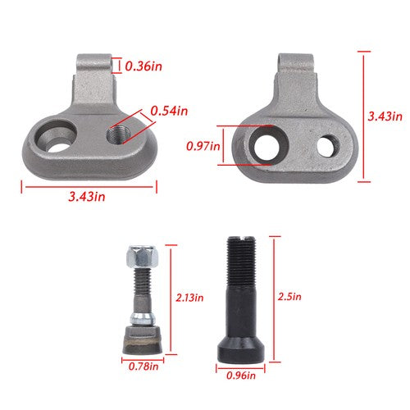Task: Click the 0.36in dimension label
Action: [x=143, y=66]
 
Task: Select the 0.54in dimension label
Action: [x=169, y=111]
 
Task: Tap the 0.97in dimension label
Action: [x=203, y=146]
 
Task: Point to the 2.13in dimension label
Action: [x=189, y=298]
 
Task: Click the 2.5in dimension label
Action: [x=289, y=297]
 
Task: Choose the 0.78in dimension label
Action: [x=143, y=367]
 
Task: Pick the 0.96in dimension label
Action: [x=241, y=376]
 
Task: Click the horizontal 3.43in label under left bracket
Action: [x=87, y=197]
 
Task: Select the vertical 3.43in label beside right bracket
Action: [x=385, y=116]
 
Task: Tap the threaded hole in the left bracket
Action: [x=118, y=135]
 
